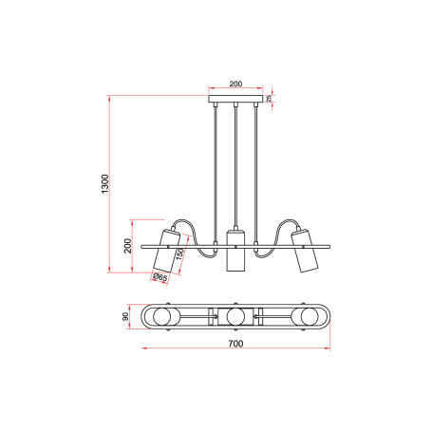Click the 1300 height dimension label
coord(104,184)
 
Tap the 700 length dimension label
coord(235,344)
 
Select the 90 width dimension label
coord(125,316)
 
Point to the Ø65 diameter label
coord(160,277)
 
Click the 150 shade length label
coord(179,254)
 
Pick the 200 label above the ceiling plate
coord(235,84)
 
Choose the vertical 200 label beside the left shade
coord(127,246)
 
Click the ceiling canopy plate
coord(235,99)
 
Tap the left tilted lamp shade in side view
coord(166,251)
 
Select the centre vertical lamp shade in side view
coord(235,251)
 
